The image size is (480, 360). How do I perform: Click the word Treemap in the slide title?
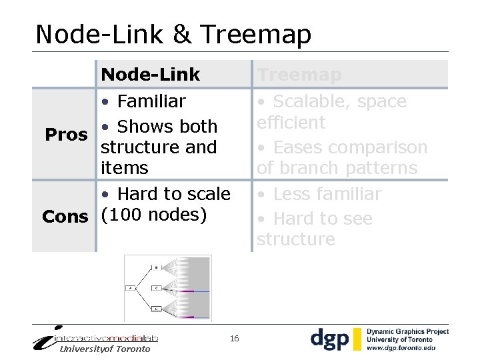255,35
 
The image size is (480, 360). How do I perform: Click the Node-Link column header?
150,75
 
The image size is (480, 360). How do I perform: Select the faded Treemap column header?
299,75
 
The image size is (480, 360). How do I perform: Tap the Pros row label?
66,135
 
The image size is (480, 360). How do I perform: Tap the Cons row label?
65,217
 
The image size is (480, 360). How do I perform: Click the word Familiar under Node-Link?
151,101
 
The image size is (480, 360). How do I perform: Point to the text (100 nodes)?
154,215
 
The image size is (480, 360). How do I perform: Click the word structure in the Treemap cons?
296,239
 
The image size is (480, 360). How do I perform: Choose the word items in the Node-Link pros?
125,168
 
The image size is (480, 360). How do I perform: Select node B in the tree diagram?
156,267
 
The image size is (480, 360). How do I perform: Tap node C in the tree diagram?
156,288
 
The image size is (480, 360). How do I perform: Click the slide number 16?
234,339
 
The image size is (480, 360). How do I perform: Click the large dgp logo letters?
329,339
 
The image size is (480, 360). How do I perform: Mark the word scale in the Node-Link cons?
207,194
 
